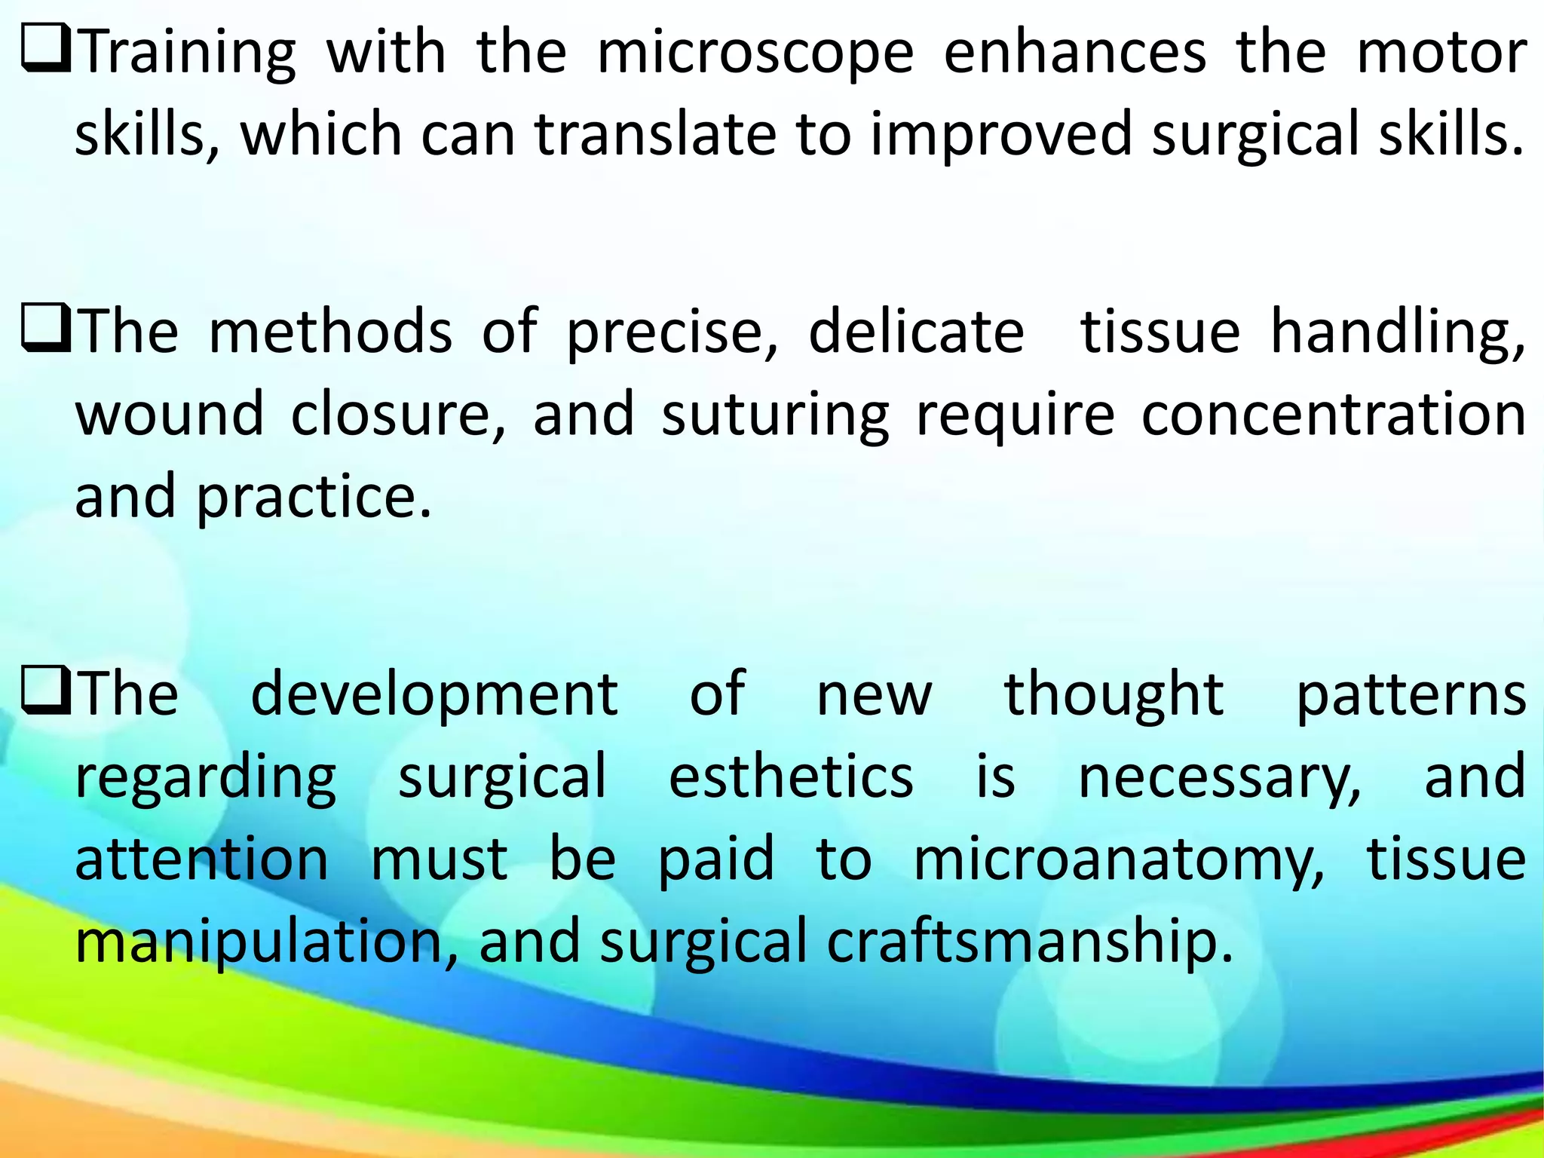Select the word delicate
pos(916,332)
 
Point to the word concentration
pos(1333,415)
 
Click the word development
pos(434,694)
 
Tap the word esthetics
pos(791,777)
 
